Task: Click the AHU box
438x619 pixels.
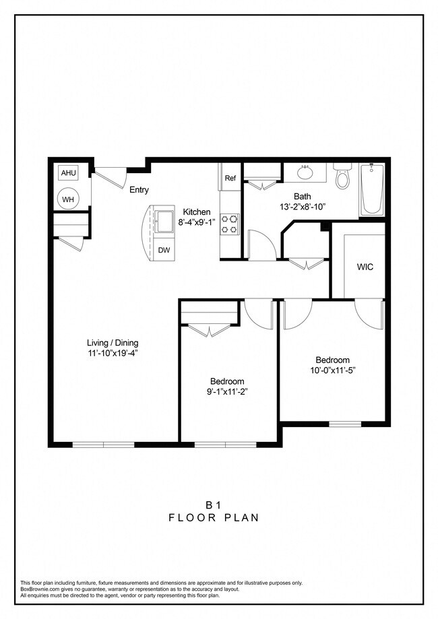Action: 69,173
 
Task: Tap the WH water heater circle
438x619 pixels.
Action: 69,199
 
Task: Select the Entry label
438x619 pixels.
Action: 139,190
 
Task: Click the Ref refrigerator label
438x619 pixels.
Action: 230,178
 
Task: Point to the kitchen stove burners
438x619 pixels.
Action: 230,224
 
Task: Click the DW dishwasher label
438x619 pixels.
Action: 164,250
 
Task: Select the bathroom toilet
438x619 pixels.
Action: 343,176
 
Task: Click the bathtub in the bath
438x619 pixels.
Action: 371,190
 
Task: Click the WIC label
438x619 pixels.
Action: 365,267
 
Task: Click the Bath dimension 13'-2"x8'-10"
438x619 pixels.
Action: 301,207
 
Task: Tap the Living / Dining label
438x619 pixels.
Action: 113,341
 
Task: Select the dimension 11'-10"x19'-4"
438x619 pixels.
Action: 113,352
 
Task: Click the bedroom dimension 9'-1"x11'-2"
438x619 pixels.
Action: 226,391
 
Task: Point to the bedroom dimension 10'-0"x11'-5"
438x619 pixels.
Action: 333,370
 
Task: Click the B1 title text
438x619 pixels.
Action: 214,504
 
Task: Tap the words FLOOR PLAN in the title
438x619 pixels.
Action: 214,518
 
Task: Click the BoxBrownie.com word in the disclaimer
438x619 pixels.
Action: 42,589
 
